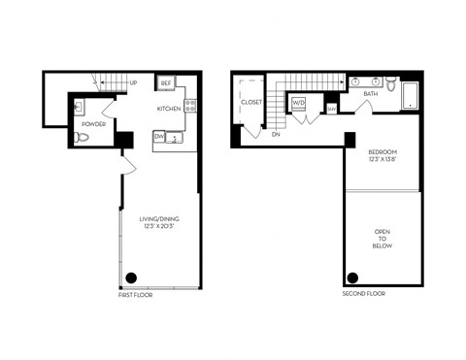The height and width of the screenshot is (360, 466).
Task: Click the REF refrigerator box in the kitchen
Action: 166,84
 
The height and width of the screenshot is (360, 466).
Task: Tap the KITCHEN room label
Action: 170,109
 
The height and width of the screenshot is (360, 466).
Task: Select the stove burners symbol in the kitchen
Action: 190,107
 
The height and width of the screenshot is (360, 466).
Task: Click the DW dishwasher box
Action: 159,137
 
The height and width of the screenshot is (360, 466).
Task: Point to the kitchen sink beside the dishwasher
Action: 176,138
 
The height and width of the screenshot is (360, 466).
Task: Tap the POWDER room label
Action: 93,124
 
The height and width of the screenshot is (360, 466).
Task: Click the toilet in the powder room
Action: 83,138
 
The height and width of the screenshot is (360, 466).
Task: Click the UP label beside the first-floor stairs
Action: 133,83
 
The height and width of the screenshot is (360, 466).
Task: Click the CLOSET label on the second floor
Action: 250,99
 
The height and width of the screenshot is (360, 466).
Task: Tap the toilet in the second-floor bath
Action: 390,84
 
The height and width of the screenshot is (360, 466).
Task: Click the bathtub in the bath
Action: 409,94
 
